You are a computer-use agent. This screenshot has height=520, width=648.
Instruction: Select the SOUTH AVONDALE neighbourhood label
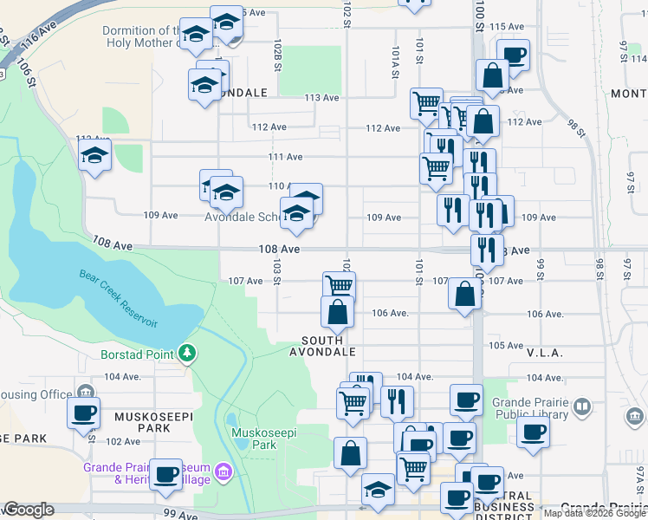tap(328, 347)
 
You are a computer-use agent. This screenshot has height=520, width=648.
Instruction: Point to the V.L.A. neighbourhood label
tap(544, 354)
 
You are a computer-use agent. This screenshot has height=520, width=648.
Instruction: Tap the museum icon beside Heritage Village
tap(224, 473)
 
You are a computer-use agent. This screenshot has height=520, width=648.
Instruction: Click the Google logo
tap(29, 510)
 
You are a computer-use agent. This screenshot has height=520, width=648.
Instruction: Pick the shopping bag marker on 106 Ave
tap(337, 312)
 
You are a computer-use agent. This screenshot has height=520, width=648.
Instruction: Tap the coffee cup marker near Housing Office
tap(84, 413)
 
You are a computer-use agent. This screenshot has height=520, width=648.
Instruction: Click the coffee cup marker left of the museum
tap(165, 474)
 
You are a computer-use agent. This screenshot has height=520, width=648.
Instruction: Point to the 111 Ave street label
tap(285, 157)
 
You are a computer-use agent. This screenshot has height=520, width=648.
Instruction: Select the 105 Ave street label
tap(507, 345)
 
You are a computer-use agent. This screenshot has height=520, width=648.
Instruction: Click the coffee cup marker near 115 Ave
tap(514, 55)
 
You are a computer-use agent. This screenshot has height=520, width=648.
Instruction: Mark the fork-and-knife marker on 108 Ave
tap(487, 250)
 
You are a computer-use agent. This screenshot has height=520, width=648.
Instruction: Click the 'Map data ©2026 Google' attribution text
tap(595, 513)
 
